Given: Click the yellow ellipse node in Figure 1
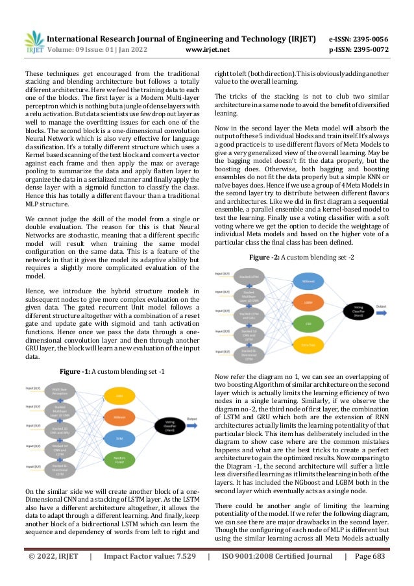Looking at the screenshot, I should [x=120, y=395].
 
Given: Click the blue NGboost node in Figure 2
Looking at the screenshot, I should [x=309, y=282].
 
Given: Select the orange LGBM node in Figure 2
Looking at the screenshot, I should [x=309, y=302].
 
